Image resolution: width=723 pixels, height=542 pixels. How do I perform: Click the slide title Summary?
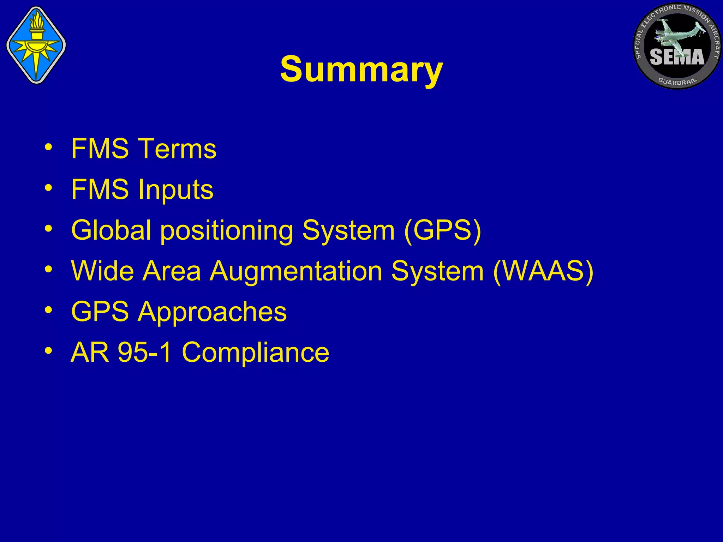click(361, 70)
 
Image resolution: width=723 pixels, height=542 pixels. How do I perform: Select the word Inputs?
click(175, 190)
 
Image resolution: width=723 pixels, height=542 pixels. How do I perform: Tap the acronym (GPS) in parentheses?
click(442, 230)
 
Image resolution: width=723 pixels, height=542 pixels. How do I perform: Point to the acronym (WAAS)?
click(543, 271)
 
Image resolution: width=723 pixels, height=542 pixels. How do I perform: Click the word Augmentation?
click(296, 271)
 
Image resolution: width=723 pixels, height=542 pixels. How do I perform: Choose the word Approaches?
click(212, 312)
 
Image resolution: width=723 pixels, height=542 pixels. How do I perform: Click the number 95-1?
click(145, 352)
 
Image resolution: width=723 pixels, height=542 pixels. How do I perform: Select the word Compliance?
click(255, 352)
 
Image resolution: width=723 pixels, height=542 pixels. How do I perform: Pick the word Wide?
click(102, 271)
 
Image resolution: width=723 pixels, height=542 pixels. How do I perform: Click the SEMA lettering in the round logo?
click(676, 57)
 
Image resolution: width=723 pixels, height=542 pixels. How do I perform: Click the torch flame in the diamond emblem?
click(36, 20)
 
